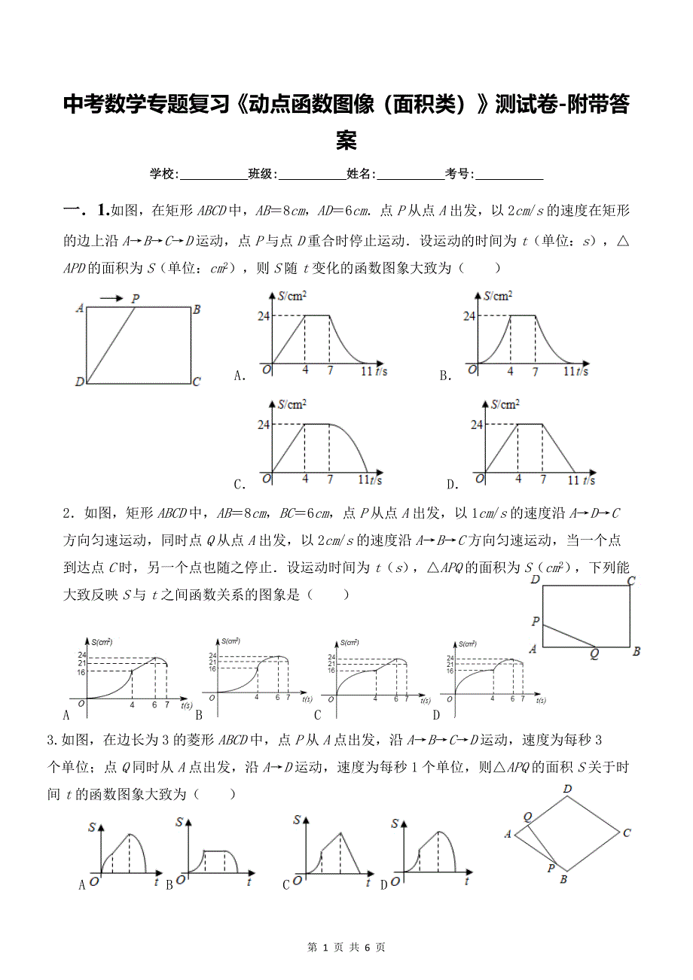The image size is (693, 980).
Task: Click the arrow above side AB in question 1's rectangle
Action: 111,299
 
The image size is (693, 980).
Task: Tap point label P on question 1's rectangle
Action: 136,299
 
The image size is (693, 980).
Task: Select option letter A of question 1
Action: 240,376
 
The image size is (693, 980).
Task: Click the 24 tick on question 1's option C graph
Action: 264,425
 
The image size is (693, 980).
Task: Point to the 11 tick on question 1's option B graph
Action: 570,371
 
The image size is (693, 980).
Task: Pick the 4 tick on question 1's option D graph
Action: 518,479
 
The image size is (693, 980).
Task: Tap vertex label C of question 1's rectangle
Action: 196,382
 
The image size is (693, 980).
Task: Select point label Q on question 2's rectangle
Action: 594,654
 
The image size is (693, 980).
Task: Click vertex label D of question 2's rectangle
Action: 535,580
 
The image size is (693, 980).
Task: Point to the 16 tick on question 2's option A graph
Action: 83,671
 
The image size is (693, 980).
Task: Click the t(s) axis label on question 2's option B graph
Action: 307,699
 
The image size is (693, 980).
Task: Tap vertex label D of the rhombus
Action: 567,789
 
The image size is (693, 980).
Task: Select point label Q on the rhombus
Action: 527,817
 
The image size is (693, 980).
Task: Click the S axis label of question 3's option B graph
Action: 179,822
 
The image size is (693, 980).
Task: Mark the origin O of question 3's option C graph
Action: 298,880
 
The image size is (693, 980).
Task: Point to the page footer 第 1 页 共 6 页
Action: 346,947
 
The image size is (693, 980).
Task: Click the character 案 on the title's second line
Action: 346,140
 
